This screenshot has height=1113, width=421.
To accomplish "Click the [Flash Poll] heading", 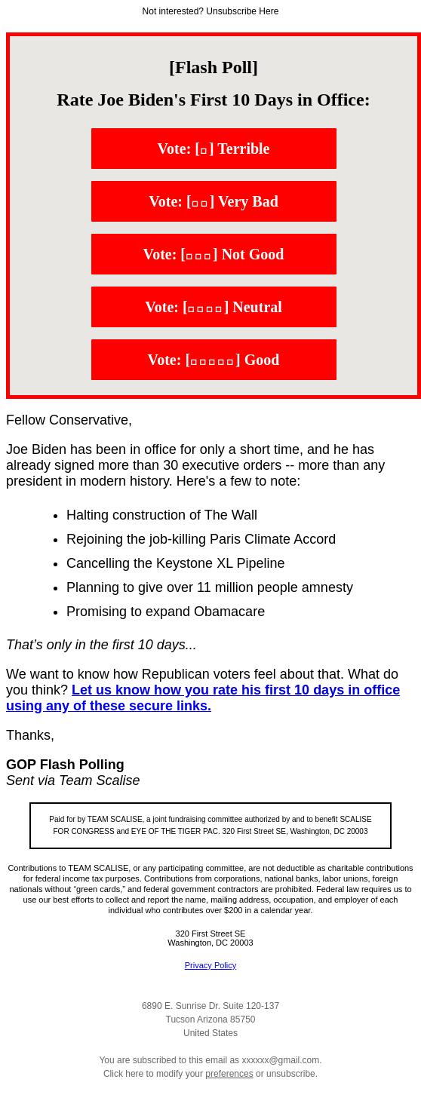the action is click(x=214, y=67).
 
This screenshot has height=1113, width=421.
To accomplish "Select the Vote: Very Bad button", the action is click(x=214, y=201).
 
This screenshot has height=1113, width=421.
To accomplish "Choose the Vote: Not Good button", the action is click(x=214, y=254).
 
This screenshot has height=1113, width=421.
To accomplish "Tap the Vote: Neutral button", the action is click(x=214, y=307).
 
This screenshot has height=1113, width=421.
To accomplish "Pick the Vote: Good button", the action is click(x=214, y=360).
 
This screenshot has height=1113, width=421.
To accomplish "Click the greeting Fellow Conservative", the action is click(x=69, y=420).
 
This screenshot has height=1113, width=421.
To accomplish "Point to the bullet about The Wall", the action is click(x=161, y=515).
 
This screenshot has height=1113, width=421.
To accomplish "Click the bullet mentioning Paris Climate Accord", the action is click(x=201, y=539).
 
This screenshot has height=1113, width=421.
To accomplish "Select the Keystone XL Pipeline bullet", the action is click(x=175, y=563).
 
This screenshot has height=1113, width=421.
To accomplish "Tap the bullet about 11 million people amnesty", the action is click(x=209, y=587).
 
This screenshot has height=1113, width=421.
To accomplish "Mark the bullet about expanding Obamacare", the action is click(x=165, y=612).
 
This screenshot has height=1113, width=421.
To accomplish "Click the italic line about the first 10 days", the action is click(x=101, y=645).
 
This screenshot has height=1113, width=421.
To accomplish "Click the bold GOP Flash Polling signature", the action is click(x=65, y=765).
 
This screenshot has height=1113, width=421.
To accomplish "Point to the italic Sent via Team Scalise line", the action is click(x=72, y=780).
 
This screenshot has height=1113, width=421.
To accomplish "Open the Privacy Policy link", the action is click(x=210, y=965).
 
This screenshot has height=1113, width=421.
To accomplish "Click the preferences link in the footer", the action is click(x=229, y=1074).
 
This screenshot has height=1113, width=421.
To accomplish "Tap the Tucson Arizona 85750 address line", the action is click(x=210, y=1019).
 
